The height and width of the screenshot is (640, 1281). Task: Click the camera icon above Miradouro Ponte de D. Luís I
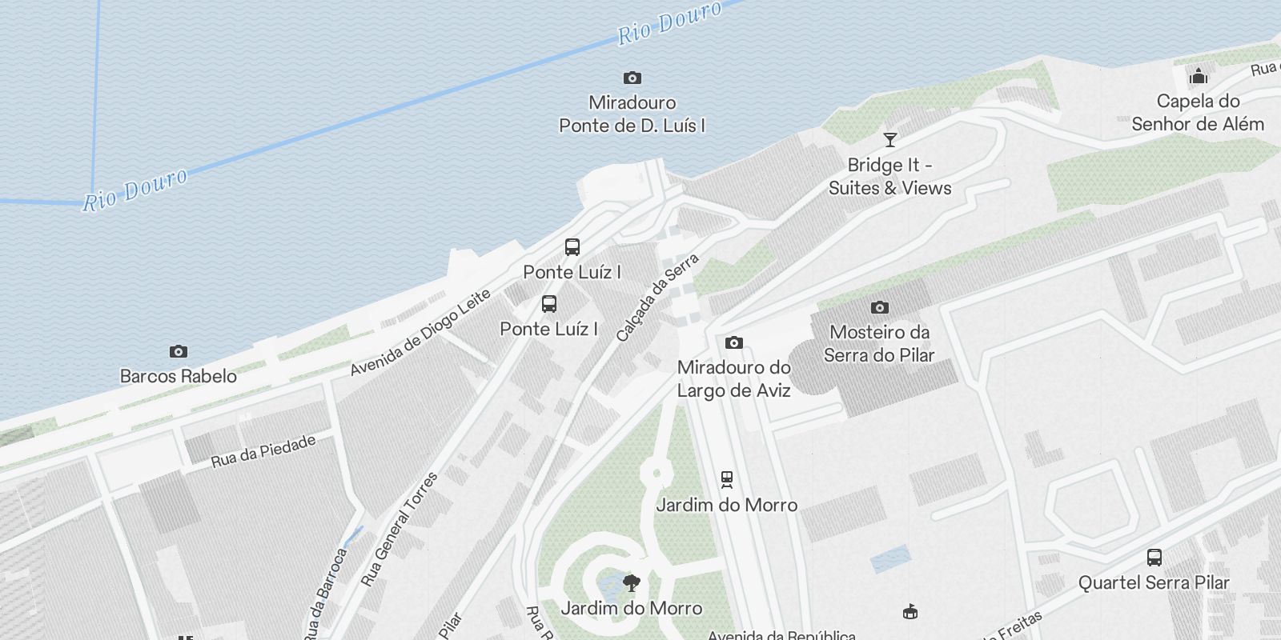coord(632,78)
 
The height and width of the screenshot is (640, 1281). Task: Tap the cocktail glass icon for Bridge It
coord(889,140)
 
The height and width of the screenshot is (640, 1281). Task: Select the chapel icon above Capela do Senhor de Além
coord(1198,76)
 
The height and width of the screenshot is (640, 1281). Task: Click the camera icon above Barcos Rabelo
coord(178,351)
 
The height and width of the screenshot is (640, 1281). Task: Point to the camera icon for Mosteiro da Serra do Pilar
coord(879,307)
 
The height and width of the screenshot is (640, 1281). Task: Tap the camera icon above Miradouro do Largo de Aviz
coord(733,342)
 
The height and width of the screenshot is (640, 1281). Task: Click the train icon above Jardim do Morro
coord(726,478)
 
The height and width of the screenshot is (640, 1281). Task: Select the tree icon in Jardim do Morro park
coord(631,582)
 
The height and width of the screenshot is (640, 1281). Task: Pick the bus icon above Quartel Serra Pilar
coord(1154,557)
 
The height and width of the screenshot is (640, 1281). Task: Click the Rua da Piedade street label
coord(263,451)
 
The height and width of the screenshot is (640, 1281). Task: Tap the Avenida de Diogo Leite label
coord(420,333)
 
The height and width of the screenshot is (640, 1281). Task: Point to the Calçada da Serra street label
coord(657,298)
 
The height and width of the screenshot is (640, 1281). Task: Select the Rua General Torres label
coord(399,529)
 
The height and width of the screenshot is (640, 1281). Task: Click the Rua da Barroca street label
coord(325,594)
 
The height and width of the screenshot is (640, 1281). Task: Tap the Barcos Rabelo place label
coord(178,376)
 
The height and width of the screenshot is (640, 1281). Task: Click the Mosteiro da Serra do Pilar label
coord(879,343)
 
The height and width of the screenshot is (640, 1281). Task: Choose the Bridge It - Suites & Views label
coord(889,177)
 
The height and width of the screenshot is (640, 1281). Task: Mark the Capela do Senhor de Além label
coord(1198,113)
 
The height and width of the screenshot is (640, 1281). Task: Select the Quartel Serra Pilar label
coord(1154,582)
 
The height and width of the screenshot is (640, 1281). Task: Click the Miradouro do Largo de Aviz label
coord(733,379)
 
